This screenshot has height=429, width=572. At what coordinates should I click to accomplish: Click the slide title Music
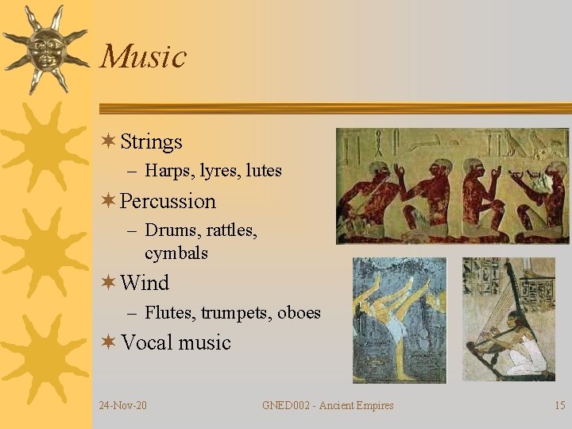pyautogui.click(x=143, y=57)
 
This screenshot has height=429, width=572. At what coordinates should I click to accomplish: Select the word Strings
pyautogui.click(x=151, y=142)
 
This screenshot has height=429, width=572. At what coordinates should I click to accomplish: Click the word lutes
pyautogui.click(x=264, y=171)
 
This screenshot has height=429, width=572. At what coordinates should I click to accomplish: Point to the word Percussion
pyautogui.click(x=168, y=201)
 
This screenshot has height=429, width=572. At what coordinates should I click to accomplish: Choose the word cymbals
pyautogui.click(x=176, y=253)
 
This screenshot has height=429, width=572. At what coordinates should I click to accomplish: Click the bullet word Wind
pyautogui.click(x=145, y=283)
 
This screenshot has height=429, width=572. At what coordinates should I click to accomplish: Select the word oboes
pyautogui.click(x=300, y=313)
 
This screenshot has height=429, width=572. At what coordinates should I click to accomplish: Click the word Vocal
pyautogui.click(x=146, y=343)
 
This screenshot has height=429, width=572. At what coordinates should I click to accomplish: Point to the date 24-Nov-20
pyautogui.click(x=122, y=406)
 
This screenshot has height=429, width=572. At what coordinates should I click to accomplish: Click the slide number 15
pyautogui.click(x=559, y=406)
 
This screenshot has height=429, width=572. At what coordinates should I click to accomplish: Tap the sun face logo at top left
pyautogui.click(x=45, y=48)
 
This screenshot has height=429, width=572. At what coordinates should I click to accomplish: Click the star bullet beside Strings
pyautogui.click(x=109, y=141)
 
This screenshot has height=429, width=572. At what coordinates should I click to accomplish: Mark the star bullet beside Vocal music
pyautogui.click(x=109, y=342)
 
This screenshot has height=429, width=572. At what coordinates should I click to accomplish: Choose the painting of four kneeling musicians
pyautogui.click(x=452, y=186)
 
